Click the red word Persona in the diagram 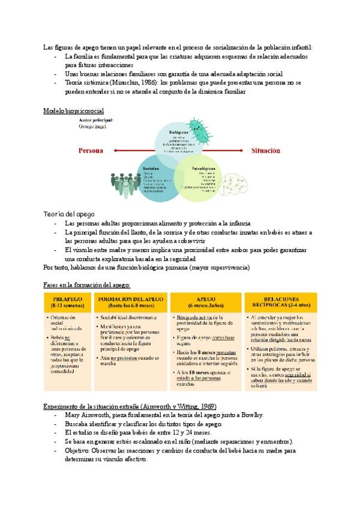click(x=91, y=151)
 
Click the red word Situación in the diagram click(x=265, y=151)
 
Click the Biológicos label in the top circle click(x=178, y=131)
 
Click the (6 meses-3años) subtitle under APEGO click(x=206, y=306)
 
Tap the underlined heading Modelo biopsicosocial click(x=74, y=111)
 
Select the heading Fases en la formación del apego click(x=86, y=284)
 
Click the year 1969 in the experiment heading click(x=207, y=406)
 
